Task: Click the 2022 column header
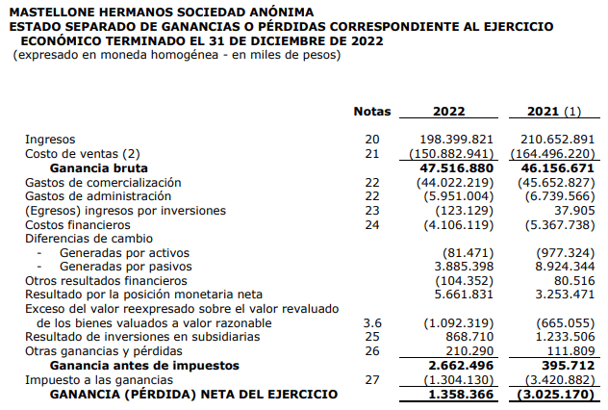point(449,112)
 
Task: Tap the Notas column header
point(372,112)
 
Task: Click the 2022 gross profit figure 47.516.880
point(461,167)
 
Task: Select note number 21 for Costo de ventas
point(372,153)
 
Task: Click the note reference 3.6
point(372,322)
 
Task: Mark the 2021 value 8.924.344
point(560,266)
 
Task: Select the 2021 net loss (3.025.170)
point(556,394)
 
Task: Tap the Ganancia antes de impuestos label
point(144,366)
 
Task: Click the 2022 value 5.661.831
point(465,294)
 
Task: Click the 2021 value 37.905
point(573,210)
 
